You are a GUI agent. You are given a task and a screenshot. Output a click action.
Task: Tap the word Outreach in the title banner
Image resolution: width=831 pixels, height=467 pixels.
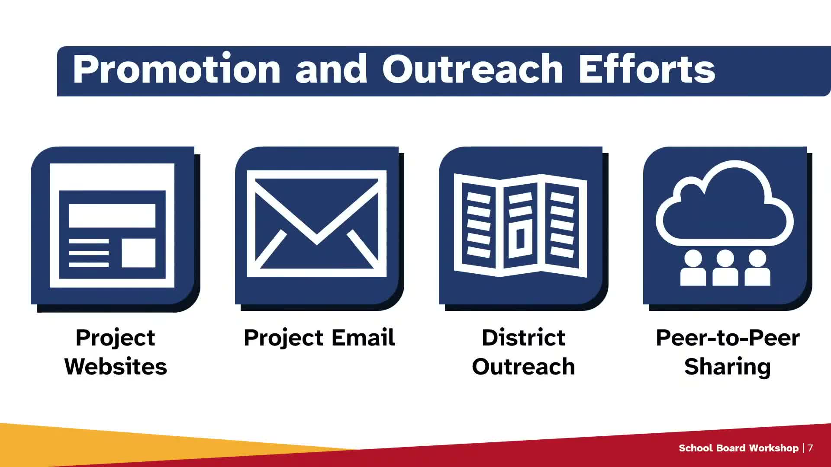473,69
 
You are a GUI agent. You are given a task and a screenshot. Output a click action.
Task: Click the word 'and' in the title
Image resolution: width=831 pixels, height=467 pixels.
332,69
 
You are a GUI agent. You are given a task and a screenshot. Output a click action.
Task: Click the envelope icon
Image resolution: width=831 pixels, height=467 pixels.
316,224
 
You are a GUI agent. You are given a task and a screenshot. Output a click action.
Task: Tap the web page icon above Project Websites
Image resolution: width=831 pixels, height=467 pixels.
112,225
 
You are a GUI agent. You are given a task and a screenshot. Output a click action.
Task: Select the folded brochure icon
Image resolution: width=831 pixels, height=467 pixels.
520,225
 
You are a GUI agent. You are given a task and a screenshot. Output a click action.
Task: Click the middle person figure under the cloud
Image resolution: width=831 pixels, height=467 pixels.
725,268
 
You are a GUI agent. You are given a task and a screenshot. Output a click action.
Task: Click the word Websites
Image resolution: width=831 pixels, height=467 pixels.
116,367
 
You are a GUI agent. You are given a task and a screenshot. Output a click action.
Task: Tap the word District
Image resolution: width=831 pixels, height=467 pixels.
523,337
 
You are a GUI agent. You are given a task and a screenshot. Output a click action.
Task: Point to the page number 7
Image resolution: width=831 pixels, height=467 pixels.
810,448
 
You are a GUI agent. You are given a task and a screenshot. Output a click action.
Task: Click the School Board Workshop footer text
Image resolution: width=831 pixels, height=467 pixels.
738,448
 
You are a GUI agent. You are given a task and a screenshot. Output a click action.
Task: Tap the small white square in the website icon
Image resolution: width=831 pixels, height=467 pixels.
138,253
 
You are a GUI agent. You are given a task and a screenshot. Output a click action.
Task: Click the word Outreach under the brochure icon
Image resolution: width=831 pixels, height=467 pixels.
523,367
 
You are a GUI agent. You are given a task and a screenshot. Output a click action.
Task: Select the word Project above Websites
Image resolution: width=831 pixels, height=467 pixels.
115,338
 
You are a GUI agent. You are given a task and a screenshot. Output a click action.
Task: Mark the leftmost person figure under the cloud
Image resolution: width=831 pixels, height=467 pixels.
693,268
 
